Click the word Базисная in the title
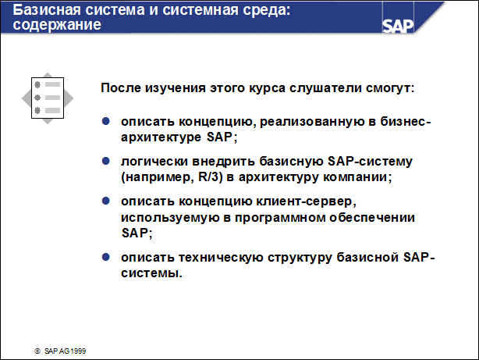coord(44,10)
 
